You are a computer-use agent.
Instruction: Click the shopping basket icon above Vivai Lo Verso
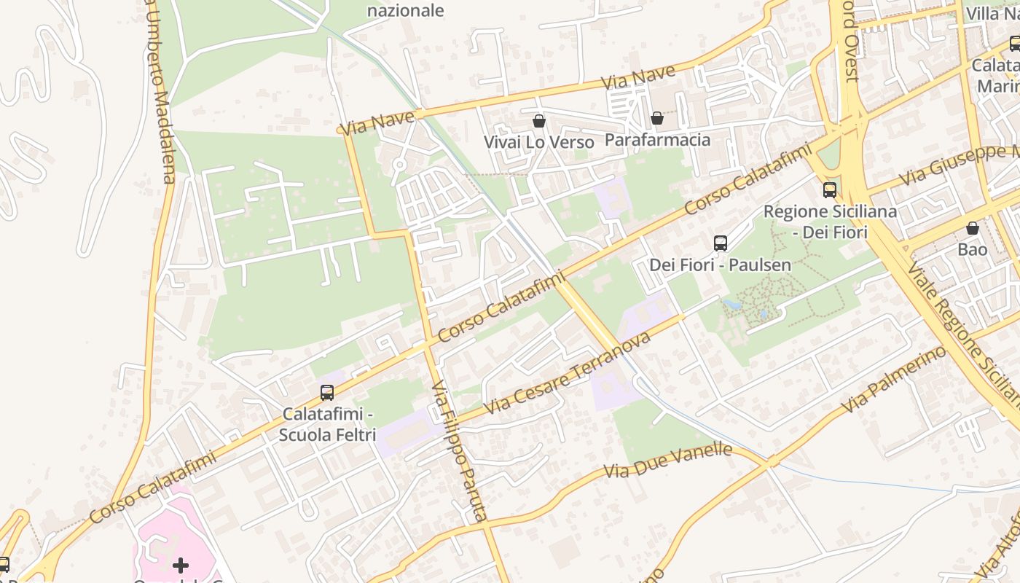539,120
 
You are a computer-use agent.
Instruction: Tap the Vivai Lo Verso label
539,142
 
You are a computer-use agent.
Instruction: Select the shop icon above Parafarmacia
657,118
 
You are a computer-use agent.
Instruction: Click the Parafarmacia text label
657,139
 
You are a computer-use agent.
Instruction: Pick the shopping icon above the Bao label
972,228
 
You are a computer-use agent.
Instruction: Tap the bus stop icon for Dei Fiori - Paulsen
720,243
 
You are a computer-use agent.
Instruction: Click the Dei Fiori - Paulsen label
720,265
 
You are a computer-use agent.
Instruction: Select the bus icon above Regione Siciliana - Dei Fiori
829,190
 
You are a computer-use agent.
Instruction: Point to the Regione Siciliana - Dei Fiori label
829,222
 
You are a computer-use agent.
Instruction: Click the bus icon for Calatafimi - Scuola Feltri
327,393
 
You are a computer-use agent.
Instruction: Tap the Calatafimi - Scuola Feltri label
327,424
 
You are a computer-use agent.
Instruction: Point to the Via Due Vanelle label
667,461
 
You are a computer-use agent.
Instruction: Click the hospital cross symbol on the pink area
180,565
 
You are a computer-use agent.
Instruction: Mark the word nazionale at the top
405,10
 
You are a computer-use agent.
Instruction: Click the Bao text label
972,249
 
